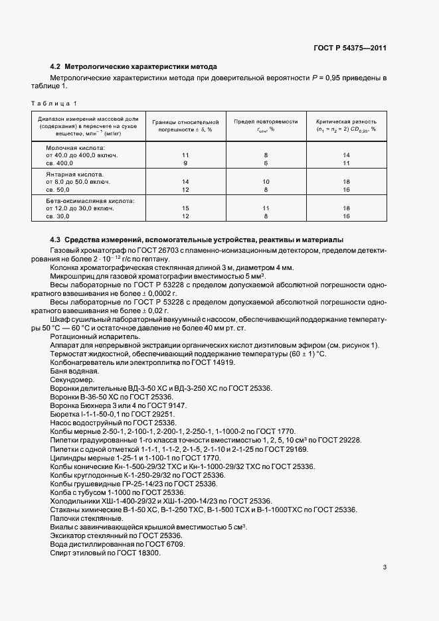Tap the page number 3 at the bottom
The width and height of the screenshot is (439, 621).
385,567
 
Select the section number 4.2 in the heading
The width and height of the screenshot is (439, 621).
56,67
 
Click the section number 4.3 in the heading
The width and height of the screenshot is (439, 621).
56,239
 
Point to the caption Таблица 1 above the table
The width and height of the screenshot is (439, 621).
54,103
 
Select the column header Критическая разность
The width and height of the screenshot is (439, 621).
346,121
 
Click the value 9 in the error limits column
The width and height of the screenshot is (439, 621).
185,163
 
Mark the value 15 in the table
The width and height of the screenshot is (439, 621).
185,208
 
